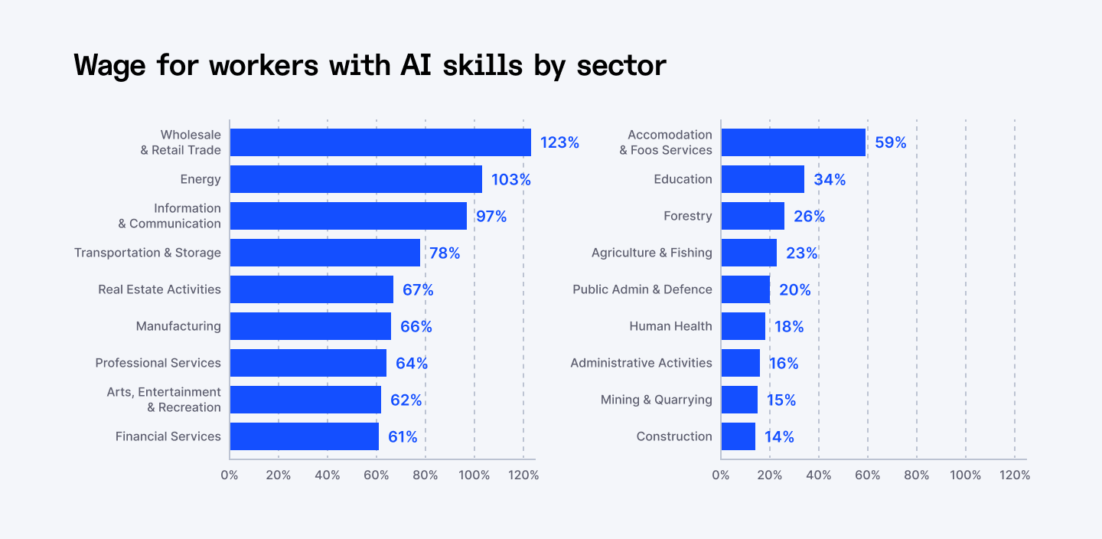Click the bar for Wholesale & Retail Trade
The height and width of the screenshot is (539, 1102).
coord(380,142)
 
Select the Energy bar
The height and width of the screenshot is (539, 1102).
coord(356,179)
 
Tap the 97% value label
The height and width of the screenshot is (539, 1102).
coord(491,216)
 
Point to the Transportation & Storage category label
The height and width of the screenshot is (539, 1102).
coord(148,253)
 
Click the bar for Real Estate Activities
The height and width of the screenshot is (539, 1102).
coord(311,289)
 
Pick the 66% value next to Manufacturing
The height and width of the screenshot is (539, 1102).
coord(416,326)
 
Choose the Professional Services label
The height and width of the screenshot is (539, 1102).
coord(158,363)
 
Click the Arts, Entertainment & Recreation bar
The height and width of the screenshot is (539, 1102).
coord(305,400)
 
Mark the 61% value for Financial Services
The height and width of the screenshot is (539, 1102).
coord(403,436)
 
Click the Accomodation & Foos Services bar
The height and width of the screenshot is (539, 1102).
coord(794,142)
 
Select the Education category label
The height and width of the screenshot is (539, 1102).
coord(683,179)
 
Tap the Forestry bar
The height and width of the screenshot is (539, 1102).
coord(753,216)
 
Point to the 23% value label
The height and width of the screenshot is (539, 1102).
coord(802,253)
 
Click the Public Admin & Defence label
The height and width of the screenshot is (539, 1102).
coord(642,289)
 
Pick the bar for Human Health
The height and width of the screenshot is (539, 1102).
coord(743,326)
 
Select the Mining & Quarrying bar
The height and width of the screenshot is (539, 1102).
coord(739,400)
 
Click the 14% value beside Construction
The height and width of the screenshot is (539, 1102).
coord(779,436)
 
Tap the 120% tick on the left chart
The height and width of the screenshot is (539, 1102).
coord(523,475)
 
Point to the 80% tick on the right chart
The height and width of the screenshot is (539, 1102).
coord(916,475)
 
